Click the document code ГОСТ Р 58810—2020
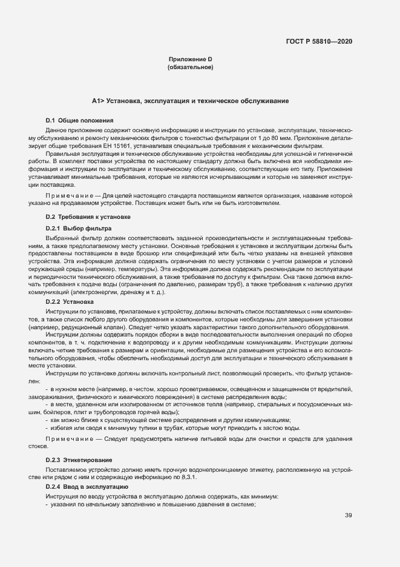318,42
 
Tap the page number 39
349,515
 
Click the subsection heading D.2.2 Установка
70,301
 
